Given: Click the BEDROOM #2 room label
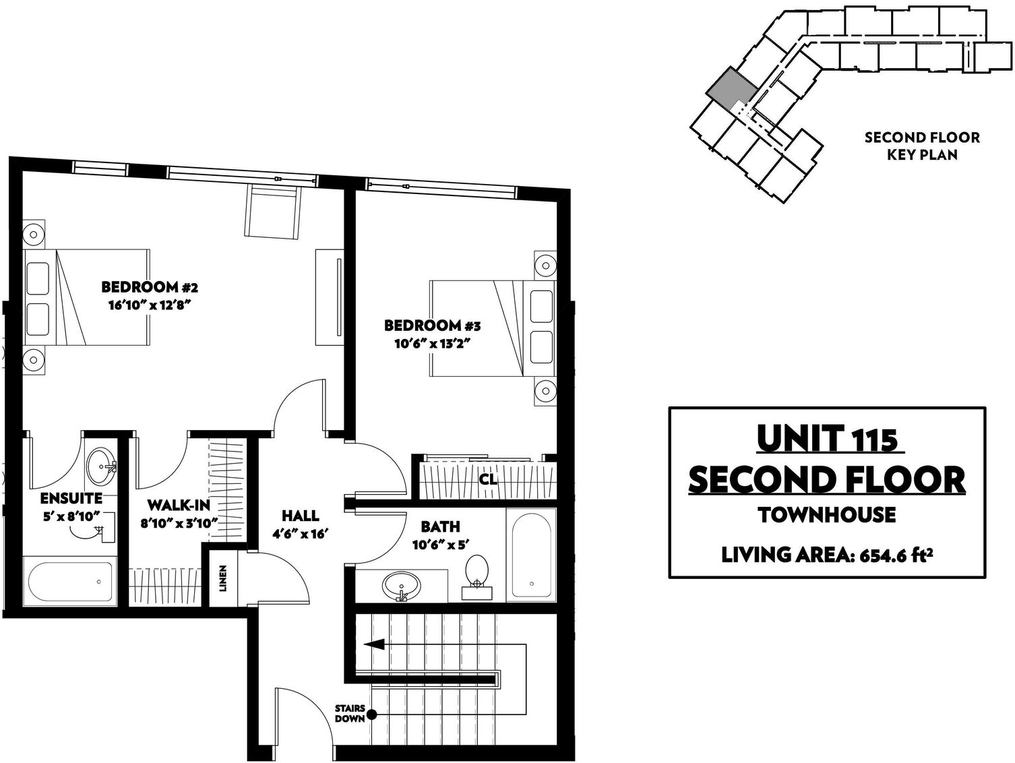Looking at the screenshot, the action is [150, 287].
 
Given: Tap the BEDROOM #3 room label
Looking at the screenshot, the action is [433, 326].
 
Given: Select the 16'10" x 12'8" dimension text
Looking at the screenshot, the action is [150, 305].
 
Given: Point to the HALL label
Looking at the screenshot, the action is [300, 515].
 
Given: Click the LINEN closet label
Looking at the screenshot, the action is [223, 578].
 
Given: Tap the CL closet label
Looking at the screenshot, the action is [488, 479].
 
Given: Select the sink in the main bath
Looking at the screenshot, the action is [402, 586].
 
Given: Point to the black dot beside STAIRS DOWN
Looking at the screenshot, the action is [372, 715].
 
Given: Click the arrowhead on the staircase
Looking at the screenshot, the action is [373, 644].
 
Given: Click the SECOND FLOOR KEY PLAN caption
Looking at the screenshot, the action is [922, 146].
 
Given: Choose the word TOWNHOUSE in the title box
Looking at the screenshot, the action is [827, 515].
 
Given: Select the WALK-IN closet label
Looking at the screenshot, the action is [179, 505].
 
